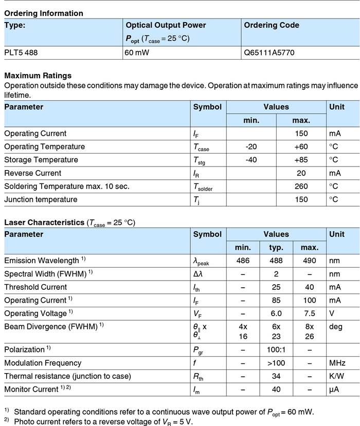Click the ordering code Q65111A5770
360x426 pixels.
click(x=269, y=52)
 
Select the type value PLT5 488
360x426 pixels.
click(x=21, y=52)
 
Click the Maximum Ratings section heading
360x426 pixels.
click(x=38, y=76)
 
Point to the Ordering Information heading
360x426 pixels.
click(x=43, y=13)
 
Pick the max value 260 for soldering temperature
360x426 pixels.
click(x=301, y=187)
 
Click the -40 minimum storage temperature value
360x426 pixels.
click(x=251, y=160)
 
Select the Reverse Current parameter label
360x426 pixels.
click(x=33, y=173)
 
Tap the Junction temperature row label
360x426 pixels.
click(x=41, y=199)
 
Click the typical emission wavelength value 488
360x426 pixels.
click(x=276, y=261)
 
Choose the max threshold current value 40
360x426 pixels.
click(x=310, y=287)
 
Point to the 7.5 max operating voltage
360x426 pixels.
click(x=310, y=313)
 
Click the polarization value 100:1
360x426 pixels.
click(x=276, y=349)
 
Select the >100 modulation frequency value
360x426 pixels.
click(x=276, y=363)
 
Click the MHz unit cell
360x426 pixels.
click(x=338, y=363)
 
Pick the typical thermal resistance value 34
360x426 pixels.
click(x=276, y=376)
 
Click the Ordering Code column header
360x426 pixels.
click(x=271, y=25)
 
